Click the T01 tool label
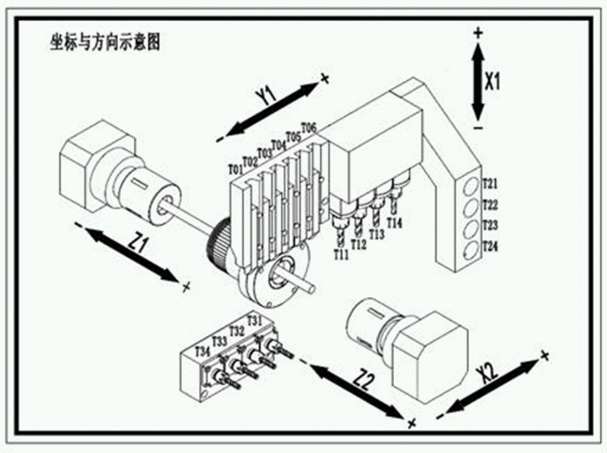click(235, 169)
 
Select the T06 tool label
click(308, 128)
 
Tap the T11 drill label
click(342, 254)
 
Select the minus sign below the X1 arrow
click(477, 129)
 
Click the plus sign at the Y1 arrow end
click(324, 79)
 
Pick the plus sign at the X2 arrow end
click(544, 355)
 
